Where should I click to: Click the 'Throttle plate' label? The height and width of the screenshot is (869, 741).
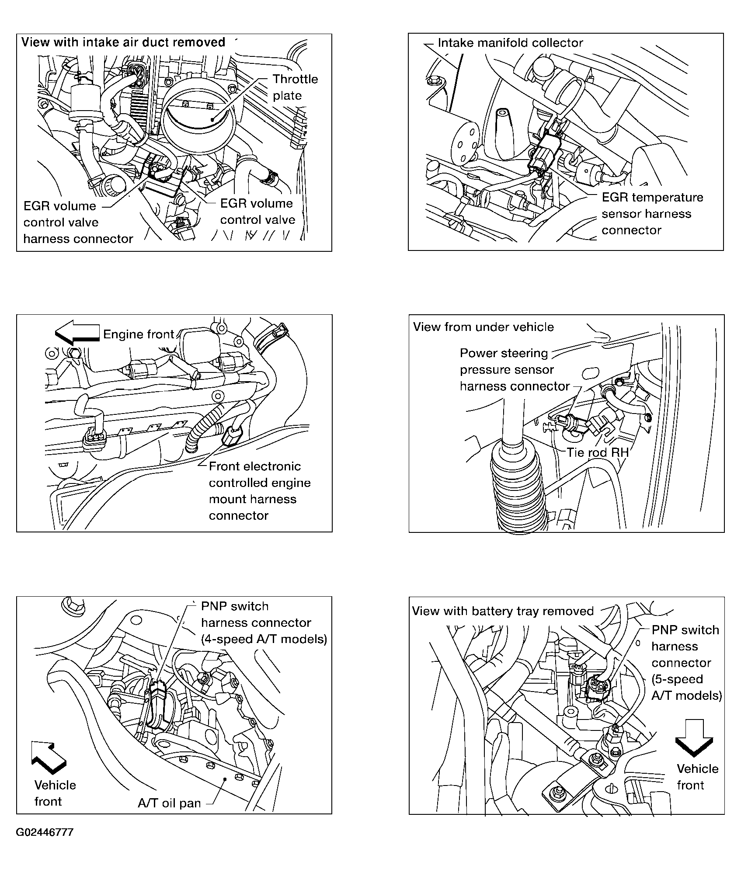[x=295, y=87]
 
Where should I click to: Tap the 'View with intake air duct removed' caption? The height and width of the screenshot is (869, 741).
[x=123, y=42]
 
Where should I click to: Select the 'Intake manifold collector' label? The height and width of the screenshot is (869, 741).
[x=510, y=43]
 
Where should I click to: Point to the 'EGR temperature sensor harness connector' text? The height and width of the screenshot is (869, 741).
[x=652, y=214]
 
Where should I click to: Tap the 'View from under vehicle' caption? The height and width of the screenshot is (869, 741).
[x=483, y=327]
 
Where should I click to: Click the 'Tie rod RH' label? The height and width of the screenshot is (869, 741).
[x=597, y=452]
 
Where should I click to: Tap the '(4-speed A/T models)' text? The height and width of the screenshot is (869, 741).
[x=264, y=639]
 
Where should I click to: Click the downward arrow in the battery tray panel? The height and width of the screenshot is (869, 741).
[x=694, y=738]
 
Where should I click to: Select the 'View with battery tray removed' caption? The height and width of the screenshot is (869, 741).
[x=503, y=611]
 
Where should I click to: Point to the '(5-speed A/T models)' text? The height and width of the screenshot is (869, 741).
[x=686, y=687]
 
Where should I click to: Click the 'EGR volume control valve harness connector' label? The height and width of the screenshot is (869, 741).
[x=78, y=222]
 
